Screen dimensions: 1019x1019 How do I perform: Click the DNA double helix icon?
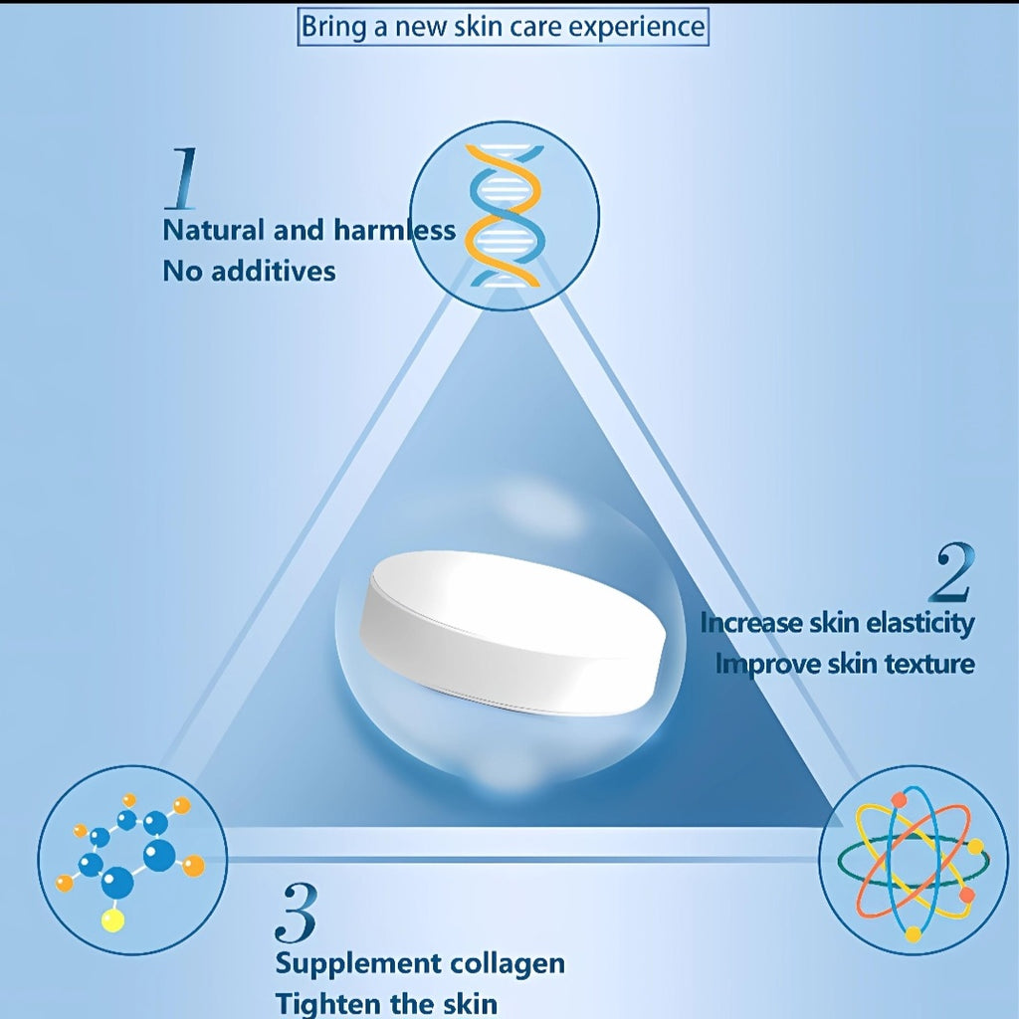pos(505,216)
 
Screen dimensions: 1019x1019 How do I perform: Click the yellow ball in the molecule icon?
pos(113,920)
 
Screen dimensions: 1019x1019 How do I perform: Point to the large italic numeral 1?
pos(181,179)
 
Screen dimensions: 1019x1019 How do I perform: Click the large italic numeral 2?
pos(952,573)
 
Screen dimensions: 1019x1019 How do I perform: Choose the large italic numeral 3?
pos(297,913)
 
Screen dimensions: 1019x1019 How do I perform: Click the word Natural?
pos(213,230)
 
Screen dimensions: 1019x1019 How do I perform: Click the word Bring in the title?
pos(334,28)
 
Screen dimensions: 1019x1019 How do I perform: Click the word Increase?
pos(751,623)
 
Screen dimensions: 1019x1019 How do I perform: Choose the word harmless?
pos(394,230)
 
